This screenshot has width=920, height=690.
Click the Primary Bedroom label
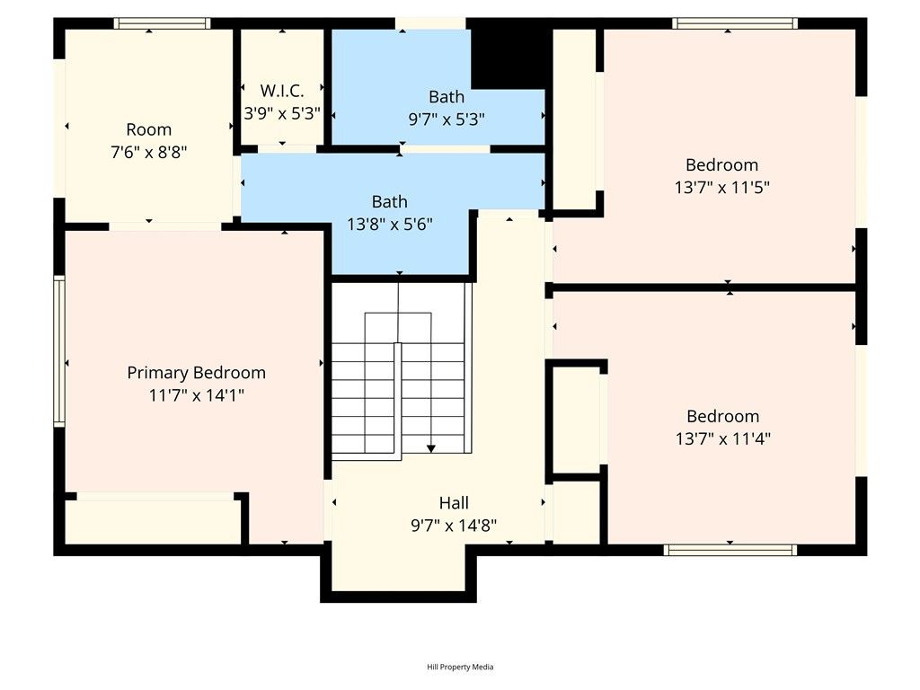pyautogui.click(x=196, y=373)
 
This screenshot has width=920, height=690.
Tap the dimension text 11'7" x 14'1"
pyautogui.click(x=196, y=394)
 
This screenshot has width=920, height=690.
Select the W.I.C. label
pyautogui.click(x=282, y=91)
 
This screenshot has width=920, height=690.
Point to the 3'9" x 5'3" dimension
pyautogui.click(x=282, y=113)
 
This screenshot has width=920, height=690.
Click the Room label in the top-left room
pyautogui.click(x=148, y=129)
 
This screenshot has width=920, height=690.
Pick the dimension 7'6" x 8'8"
pyautogui.click(x=148, y=152)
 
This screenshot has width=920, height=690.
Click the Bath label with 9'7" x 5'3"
pyautogui.click(x=447, y=97)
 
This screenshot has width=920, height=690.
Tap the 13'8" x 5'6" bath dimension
pyautogui.click(x=390, y=224)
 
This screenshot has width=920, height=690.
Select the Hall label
pyautogui.click(x=454, y=503)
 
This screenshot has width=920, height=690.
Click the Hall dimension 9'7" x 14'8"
pyautogui.click(x=454, y=526)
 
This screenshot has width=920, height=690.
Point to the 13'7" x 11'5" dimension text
pyautogui.click(x=721, y=187)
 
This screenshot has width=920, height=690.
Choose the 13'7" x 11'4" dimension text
pyautogui.click(x=722, y=438)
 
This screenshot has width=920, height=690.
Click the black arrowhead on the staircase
pyautogui.click(x=431, y=447)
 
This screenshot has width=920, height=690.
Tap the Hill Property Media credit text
pyautogui.click(x=460, y=667)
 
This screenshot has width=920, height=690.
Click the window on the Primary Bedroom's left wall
pyautogui.click(x=59, y=349)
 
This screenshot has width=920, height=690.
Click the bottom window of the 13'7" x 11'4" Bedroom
pyautogui.click(x=730, y=549)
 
